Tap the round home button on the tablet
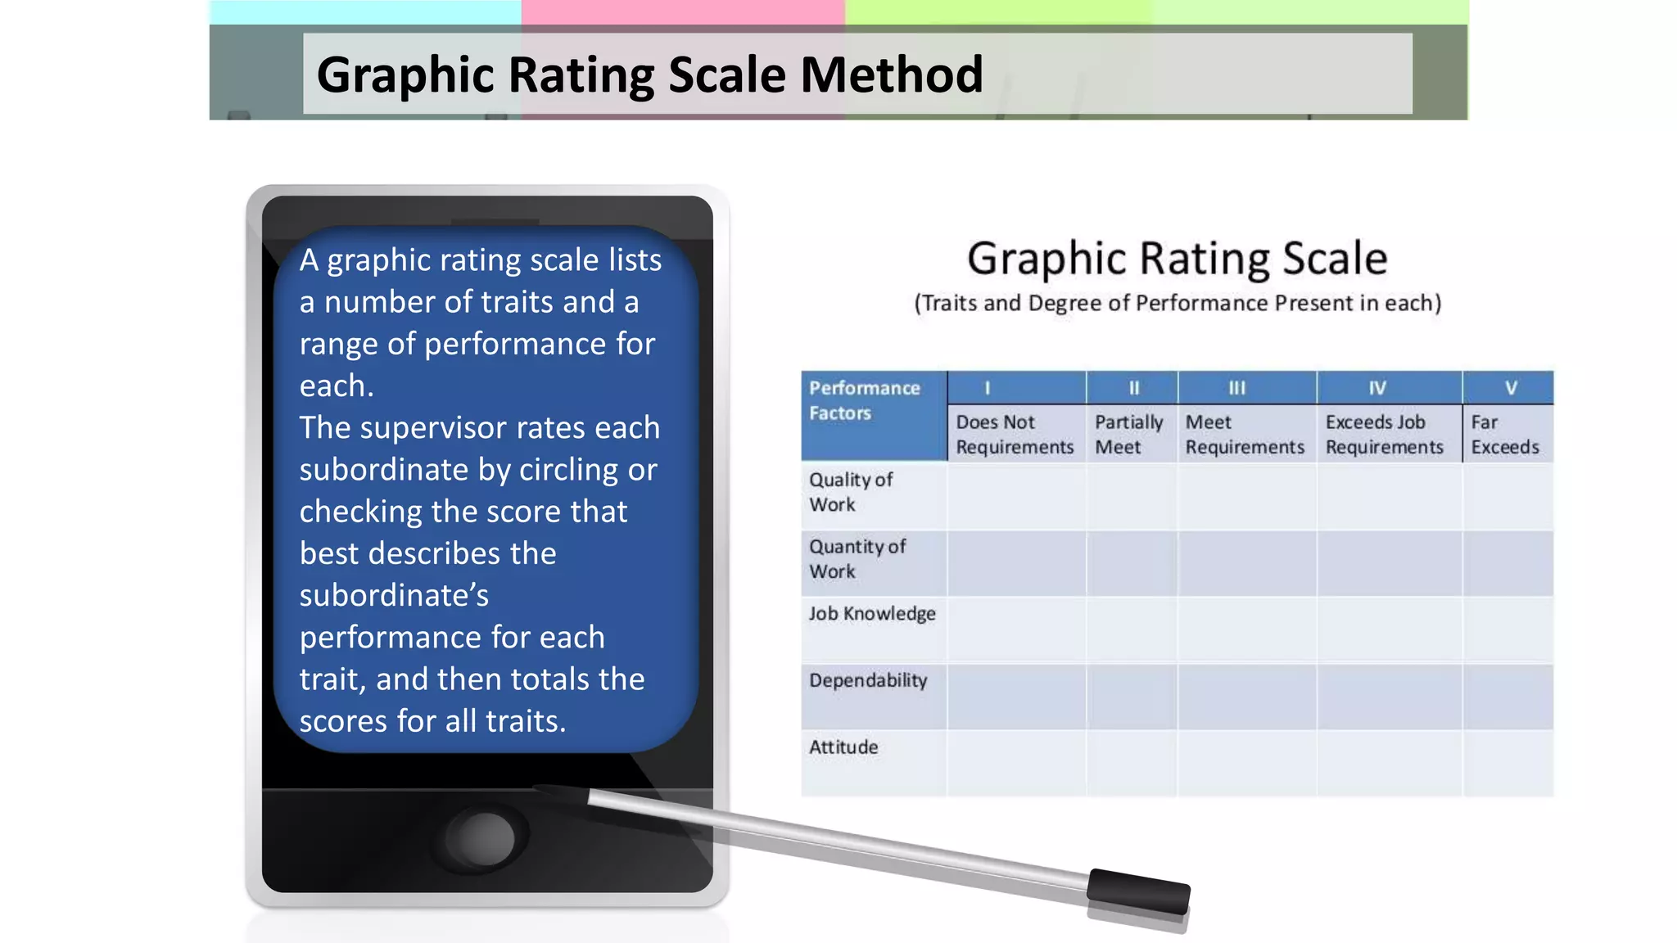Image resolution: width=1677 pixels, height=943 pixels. [485, 837]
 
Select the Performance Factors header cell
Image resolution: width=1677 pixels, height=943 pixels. [865, 400]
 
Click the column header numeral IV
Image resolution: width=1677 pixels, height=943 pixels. [1377, 388]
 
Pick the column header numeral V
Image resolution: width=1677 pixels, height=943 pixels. [1511, 388]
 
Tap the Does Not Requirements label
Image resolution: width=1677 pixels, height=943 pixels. [1015, 435]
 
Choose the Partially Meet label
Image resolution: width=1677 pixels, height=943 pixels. [1128, 435]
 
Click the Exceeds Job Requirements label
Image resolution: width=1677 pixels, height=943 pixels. [1384, 435]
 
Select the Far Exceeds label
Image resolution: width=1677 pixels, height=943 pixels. [1504, 435]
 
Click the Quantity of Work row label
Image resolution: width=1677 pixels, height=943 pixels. [857, 559]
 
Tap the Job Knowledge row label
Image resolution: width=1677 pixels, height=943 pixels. [872, 614]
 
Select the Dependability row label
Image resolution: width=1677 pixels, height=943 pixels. [868, 681]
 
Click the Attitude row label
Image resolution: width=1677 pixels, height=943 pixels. [843, 747]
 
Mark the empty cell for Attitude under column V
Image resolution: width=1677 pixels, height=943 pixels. [1507, 763]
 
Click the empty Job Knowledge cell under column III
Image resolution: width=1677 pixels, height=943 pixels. [1246, 629]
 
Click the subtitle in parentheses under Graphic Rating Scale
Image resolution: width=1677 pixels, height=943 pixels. [1178, 304]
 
